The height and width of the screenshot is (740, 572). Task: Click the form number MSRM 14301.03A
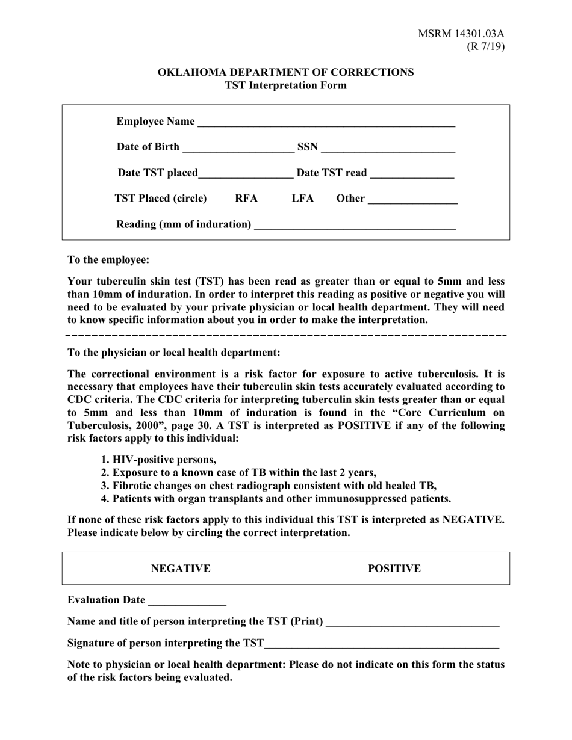click(x=461, y=34)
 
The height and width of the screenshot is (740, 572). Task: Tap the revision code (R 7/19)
click(x=485, y=46)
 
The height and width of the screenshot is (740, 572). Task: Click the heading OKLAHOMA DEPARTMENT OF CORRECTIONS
click(x=285, y=72)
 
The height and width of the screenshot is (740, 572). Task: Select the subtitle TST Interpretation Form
click(x=285, y=85)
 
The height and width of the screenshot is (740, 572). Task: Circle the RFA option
click(x=246, y=199)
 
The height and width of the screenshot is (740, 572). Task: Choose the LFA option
click(x=303, y=199)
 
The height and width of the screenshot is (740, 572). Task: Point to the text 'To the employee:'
click(x=108, y=260)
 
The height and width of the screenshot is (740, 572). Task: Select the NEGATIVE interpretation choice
click(x=181, y=569)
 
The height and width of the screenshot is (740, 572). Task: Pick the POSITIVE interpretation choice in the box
click(x=394, y=569)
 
